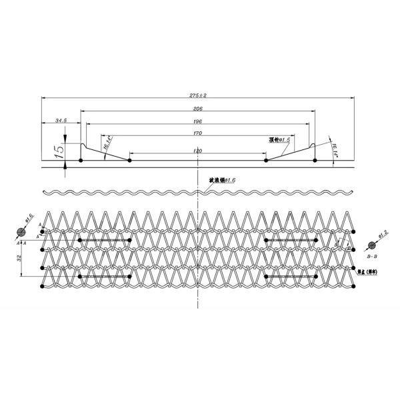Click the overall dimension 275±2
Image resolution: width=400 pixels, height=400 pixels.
tap(198, 95)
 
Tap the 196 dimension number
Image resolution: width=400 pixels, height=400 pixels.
tap(198, 122)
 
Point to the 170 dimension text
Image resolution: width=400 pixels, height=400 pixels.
tap(198, 134)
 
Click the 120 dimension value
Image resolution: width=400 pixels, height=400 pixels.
tap(198, 151)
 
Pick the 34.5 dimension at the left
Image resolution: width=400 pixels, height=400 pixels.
tap(61, 121)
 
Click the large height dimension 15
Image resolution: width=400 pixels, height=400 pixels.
tap(59, 150)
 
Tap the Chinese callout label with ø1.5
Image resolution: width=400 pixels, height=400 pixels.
tap(279, 140)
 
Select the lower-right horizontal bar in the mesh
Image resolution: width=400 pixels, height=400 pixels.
tap(289, 276)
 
